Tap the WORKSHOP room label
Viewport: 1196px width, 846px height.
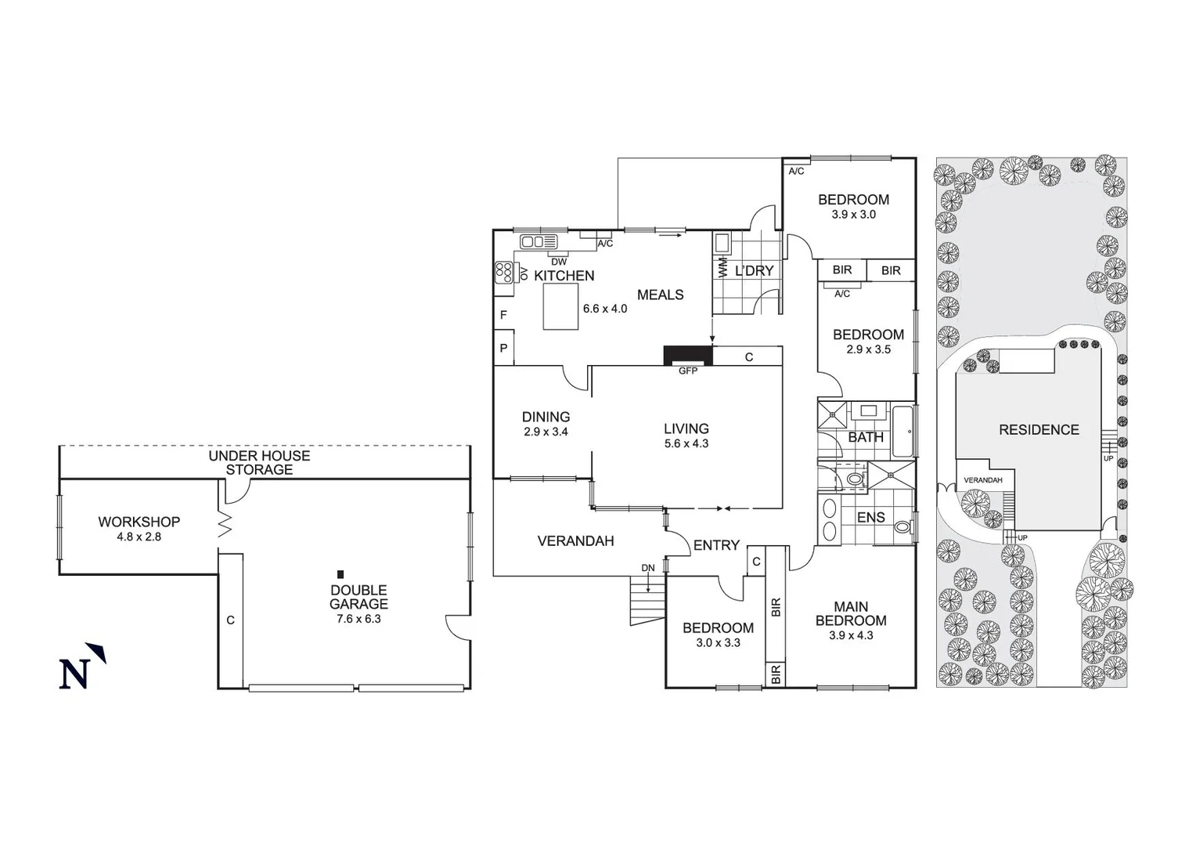click(139, 522)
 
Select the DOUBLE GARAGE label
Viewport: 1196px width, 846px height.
click(358, 597)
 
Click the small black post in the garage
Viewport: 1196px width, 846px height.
click(340, 574)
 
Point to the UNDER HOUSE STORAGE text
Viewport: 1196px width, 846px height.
click(259, 462)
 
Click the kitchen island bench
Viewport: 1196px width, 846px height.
click(560, 306)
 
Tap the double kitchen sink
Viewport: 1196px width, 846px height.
click(538, 241)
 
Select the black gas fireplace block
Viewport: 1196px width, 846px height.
click(687, 356)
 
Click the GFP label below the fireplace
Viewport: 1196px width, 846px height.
click(687, 371)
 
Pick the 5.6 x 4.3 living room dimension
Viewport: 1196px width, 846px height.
click(686, 443)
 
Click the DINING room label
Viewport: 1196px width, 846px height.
click(546, 418)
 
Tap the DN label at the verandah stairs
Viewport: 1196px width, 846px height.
click(648, 568)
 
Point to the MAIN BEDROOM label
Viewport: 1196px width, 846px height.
click(851, 613)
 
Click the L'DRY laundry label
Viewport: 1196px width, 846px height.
click(754, 271)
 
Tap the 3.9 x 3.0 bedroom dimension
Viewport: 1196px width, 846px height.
click(853, 215)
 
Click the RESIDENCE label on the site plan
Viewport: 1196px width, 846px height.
click(1039, 430)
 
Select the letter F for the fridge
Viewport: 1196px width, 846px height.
click(503, 315)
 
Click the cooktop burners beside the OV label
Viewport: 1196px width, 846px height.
click(503, 272)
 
